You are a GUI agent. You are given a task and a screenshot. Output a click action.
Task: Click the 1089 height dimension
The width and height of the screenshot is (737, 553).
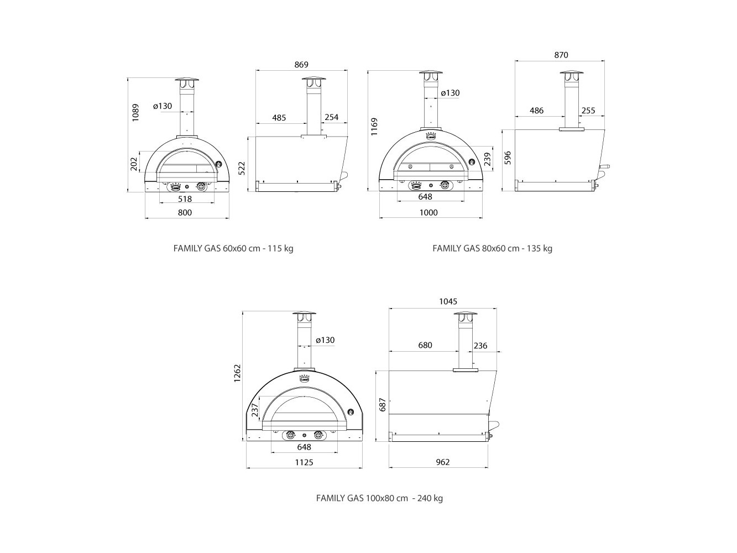click(135, 112)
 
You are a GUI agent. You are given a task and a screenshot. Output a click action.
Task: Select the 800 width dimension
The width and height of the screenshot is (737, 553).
click(185, 212)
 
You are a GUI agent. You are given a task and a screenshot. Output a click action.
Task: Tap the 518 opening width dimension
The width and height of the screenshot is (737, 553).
click(185, 199)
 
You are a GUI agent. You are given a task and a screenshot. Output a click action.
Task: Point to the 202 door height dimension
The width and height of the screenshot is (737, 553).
click(134, 164)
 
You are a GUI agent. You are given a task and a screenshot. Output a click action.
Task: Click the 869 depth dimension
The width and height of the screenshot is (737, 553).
click(301, 65)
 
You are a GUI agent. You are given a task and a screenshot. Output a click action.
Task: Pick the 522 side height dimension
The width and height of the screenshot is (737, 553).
click(242, 169)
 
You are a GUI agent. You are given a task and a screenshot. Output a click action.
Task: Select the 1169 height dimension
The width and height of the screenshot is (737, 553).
click(374, 127)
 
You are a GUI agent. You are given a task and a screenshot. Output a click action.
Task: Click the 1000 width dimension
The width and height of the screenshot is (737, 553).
click(429, 212)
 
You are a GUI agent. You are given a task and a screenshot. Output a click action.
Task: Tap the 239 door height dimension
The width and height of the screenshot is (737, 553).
click(488, 159)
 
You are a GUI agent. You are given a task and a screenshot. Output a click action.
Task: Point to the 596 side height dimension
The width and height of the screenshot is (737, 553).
click(508, 158)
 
